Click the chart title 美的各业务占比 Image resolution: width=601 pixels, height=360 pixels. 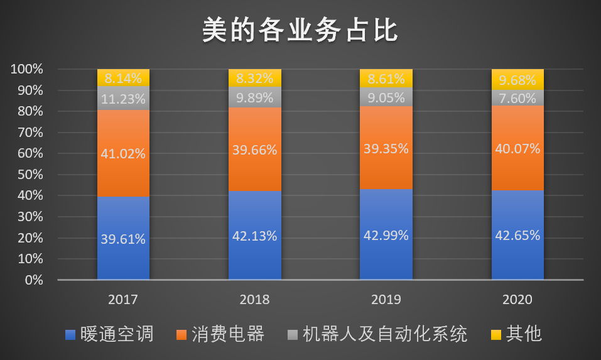[x=300, y=30]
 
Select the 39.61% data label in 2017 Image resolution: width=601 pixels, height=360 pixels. [x=123, y=239]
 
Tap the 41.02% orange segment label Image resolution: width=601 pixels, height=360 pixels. [x=123, y=153]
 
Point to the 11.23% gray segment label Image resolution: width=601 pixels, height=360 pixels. [x=123, y=99]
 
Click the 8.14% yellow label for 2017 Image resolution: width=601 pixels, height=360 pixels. [x=123, y=79]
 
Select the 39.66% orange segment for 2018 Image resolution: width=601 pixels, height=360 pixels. [x=254, y=151]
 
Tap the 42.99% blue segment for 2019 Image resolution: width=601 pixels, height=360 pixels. [x=386, y=235]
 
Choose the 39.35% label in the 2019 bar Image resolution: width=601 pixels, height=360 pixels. [x=386, y=149]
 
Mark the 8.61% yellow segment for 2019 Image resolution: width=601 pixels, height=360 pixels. [x=386, y=79]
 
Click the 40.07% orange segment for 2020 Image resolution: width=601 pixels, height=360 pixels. [x=517, y=149]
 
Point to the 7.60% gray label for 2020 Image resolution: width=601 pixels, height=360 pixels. [x=517, y=98]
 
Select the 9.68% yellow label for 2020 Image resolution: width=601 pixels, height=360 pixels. [x=517, y=80]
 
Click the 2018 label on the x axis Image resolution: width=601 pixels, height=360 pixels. [x=254, y=300]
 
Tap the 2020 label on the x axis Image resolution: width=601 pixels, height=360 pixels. [x=517, y=300]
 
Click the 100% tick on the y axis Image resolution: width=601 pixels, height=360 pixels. [x=27, y=69]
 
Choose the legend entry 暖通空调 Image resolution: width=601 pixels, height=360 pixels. [x=109, y=334]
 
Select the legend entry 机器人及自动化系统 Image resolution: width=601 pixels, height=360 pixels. [x=377, y=334]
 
